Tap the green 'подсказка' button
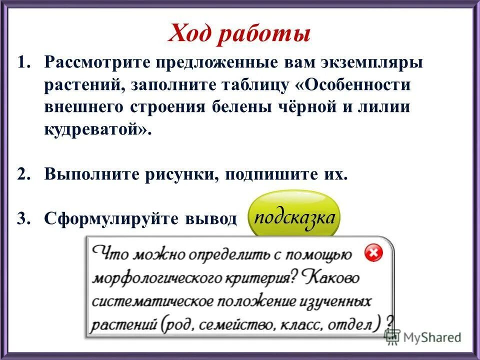[x=294, y=218]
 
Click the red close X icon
[x=372, y=253]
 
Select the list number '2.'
[x=24, y=174]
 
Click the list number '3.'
[x=24, y=218]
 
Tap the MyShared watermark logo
[x=423, y=337]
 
